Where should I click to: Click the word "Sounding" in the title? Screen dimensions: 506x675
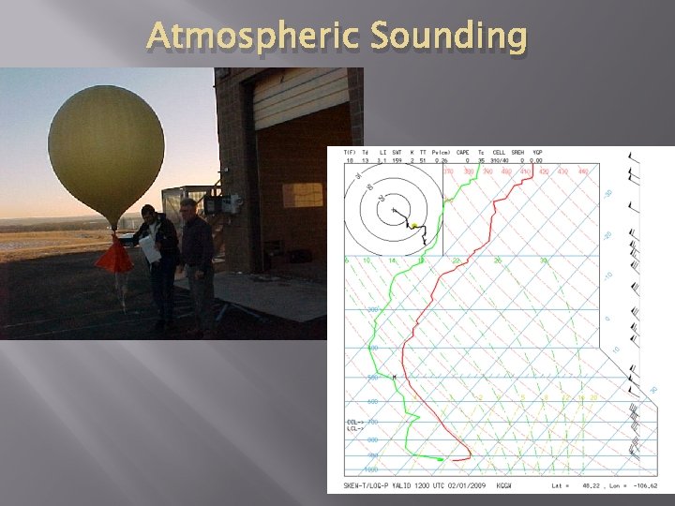tap(449, 37)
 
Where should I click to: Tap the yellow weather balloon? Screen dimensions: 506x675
tap(106, 150)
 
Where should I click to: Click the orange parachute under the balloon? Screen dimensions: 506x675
tap(114, 255)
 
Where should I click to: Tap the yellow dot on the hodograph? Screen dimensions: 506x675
tap(412, 226)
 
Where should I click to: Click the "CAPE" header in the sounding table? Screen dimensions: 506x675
tap(462, 152)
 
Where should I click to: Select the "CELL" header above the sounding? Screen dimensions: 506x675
tap(499, 152)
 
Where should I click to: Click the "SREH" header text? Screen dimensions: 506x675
tap(518, 152)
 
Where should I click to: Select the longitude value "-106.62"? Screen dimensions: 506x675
tap(644, 486)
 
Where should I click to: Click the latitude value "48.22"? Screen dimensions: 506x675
tap(593, 486)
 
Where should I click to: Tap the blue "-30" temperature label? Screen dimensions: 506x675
tap(607, 194)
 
